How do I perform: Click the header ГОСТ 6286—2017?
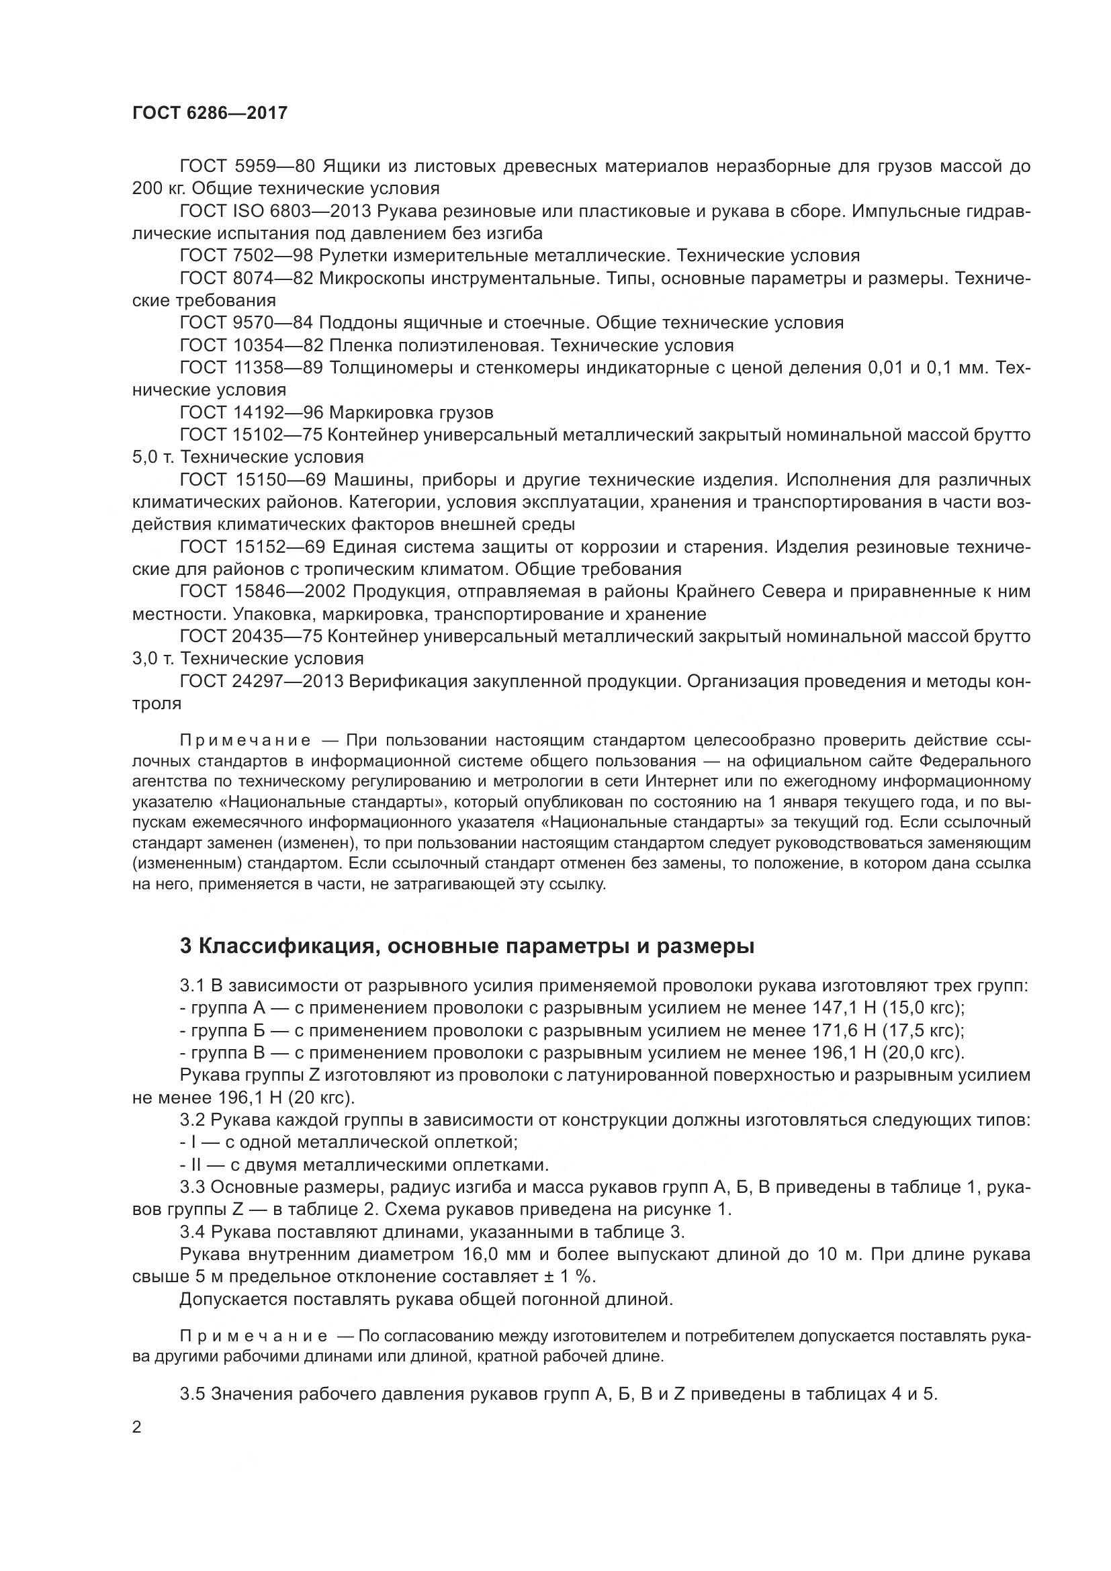point(210,113)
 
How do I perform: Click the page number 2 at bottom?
point(137,1428)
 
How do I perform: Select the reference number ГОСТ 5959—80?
point(247,167)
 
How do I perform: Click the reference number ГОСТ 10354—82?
point(252,345)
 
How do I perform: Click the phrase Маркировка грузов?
point(411,412)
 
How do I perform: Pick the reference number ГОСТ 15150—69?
point(252,480)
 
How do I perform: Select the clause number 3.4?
point(192,1232)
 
